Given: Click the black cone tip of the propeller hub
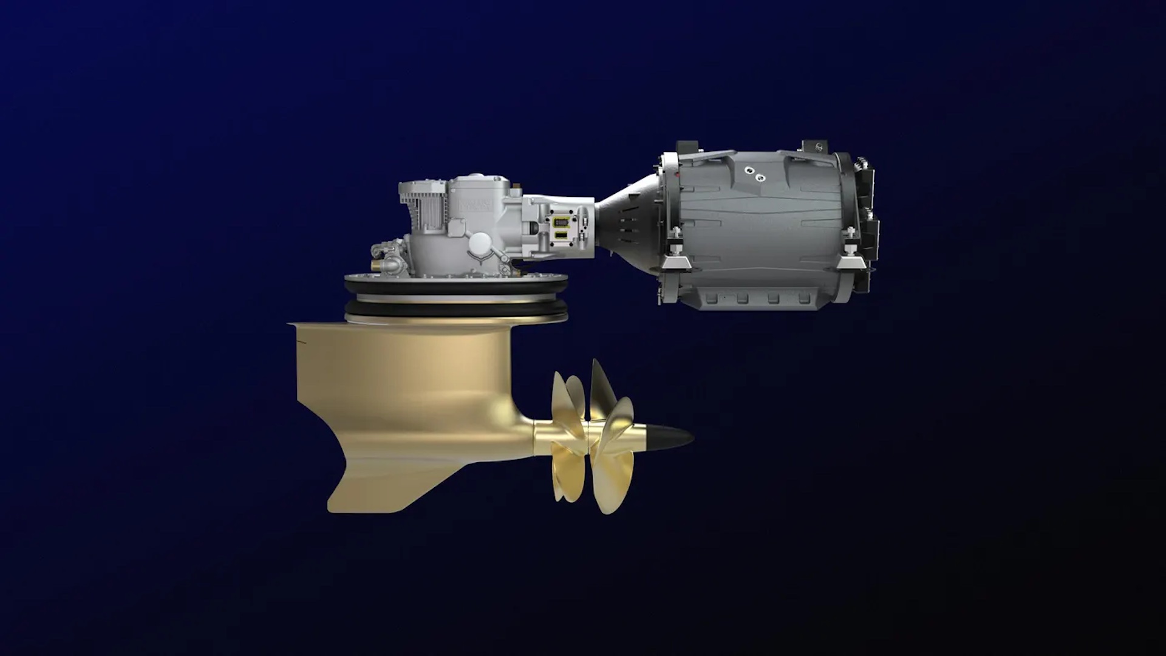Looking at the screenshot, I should point(674,436).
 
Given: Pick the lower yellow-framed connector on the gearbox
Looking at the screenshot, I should point(560,234).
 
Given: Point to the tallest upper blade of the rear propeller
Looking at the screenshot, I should point(601,383).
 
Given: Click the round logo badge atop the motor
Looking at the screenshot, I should point(813,146).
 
